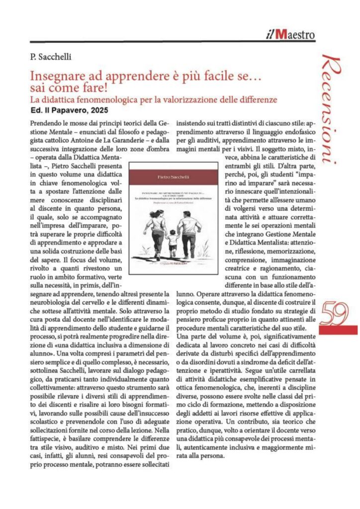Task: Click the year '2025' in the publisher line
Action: tap(97, 110)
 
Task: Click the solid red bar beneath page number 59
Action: tap(338, 330)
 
